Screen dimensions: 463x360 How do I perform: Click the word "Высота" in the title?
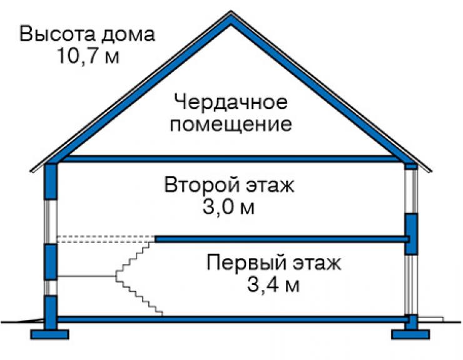58,34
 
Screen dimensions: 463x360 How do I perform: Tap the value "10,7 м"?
89,55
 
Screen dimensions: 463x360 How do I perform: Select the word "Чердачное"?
231,102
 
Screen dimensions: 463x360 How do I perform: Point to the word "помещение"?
231,125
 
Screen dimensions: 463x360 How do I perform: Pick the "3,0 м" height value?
228,207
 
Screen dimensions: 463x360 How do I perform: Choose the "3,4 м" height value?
273,285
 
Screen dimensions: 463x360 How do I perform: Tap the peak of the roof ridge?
231,12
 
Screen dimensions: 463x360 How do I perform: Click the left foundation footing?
49,334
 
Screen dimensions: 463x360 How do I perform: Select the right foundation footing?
410,334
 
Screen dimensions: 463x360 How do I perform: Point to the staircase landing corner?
116,276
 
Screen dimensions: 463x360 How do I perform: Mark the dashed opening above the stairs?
106,239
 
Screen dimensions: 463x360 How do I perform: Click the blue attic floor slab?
231,159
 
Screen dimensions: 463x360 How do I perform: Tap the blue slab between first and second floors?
282,239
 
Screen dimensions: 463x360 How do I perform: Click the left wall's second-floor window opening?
51,222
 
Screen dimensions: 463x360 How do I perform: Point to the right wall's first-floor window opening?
410,284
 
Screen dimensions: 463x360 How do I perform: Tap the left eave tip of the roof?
31,170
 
